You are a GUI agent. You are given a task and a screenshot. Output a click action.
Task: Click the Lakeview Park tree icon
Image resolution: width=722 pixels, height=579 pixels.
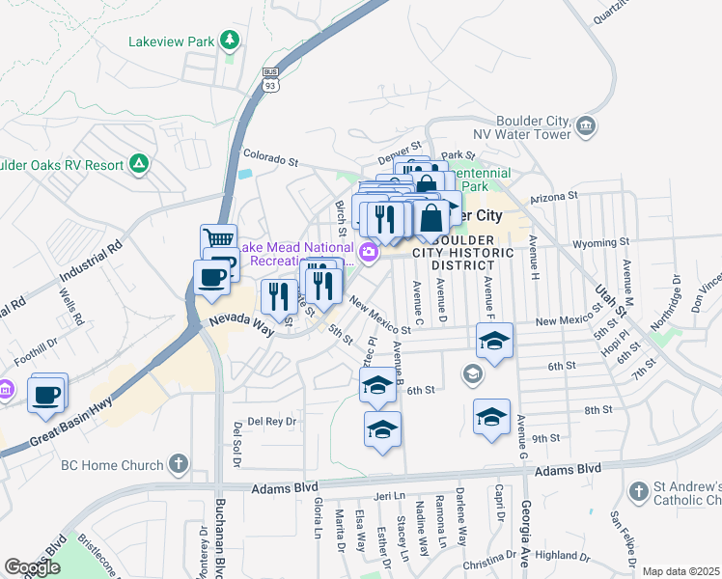[230, 40]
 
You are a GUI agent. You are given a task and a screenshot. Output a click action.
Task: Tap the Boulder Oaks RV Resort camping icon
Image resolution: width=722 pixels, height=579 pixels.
[139, 164]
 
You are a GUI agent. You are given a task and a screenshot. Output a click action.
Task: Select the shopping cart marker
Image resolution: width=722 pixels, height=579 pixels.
[219, 238]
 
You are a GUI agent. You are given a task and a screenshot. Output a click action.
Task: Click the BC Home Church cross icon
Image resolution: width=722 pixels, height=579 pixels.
[177, 465]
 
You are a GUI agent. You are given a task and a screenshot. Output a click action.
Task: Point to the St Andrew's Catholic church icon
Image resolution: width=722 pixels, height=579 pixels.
[638, 492]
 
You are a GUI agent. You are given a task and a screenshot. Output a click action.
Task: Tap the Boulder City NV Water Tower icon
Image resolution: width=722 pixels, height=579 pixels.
[586, 126]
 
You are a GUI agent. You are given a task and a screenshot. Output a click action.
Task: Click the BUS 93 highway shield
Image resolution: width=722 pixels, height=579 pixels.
[270, 79]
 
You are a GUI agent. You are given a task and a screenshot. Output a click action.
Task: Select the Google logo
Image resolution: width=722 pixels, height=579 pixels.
[32, 567]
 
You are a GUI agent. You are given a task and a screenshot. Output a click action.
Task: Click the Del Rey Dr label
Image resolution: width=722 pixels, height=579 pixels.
[269, 422]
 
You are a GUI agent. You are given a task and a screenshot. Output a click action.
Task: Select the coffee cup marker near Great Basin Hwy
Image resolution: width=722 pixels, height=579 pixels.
[46, 394]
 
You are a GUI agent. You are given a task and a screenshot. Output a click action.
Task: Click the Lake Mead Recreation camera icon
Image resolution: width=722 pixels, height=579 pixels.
[369, 253]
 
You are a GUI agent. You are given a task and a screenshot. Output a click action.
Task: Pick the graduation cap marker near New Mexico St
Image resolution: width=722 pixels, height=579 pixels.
[494, 340]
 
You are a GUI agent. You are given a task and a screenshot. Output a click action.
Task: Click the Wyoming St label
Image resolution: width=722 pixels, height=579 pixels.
[610, 242]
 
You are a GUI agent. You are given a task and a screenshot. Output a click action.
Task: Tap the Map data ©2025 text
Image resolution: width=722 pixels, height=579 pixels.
[680, 571]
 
